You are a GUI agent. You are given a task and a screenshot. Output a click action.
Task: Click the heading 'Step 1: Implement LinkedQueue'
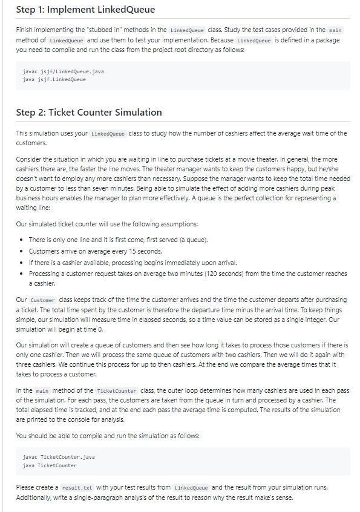tap(85, 10)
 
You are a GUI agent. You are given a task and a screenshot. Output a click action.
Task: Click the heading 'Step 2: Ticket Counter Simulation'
tap(89, 112)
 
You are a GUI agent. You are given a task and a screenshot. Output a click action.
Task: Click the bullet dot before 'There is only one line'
tap(22, 240)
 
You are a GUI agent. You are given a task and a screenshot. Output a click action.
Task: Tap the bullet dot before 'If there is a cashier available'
tap(22, 262)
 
